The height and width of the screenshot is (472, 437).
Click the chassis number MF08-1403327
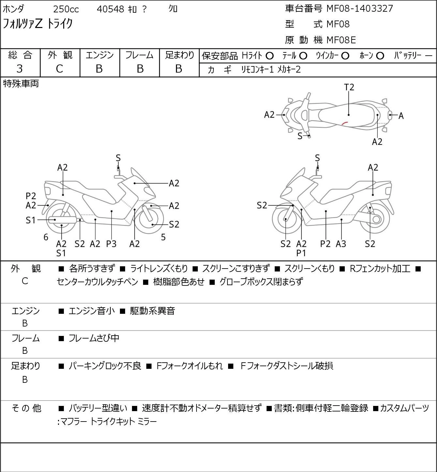360,8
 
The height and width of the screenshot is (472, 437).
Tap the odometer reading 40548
110,9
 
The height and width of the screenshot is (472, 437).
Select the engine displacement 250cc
66,9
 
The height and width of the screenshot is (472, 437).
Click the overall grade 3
20,69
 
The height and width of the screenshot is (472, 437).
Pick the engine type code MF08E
341,40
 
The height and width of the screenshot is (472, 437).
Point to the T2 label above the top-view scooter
349,87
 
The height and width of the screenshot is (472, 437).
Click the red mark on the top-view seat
345,123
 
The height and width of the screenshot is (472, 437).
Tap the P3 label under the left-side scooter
111,243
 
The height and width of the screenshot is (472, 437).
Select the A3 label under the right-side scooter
341,243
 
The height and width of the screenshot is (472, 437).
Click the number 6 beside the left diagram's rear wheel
46,237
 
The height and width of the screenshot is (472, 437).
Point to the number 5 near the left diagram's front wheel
163,237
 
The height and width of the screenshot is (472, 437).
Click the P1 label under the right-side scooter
301,253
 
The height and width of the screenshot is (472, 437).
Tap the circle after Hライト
269,56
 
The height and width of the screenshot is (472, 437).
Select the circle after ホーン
380,56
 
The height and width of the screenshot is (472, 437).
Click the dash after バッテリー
429,56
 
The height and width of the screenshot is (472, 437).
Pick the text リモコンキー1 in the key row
257,70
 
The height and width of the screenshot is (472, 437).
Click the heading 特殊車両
21,84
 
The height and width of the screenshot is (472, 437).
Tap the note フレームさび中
94,338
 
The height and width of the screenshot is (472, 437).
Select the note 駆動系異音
153,311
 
